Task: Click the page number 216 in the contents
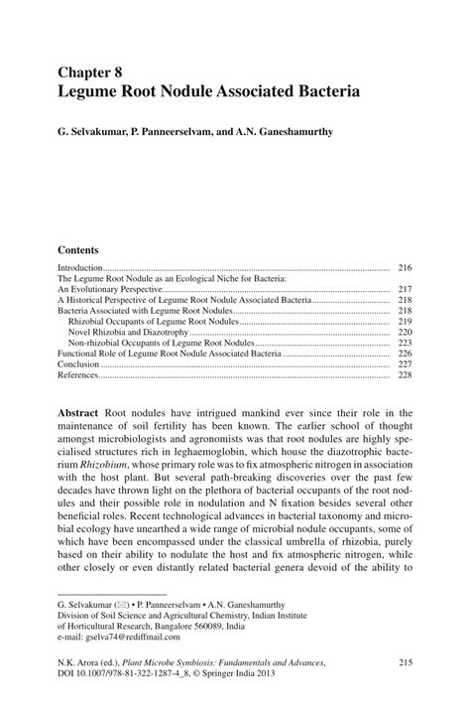pyautogui.click(x=404, y=268)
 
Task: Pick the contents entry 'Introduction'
pyautogui.click(x=80, y=268)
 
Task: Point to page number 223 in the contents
pyautogui.click(x=404, y=343)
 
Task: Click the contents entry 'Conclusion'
pyautogui.click(x=78, y=364)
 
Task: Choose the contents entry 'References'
pyautogui.click(x=78, y=375)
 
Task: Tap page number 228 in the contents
pyautogui.click(x=404, y=375)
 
